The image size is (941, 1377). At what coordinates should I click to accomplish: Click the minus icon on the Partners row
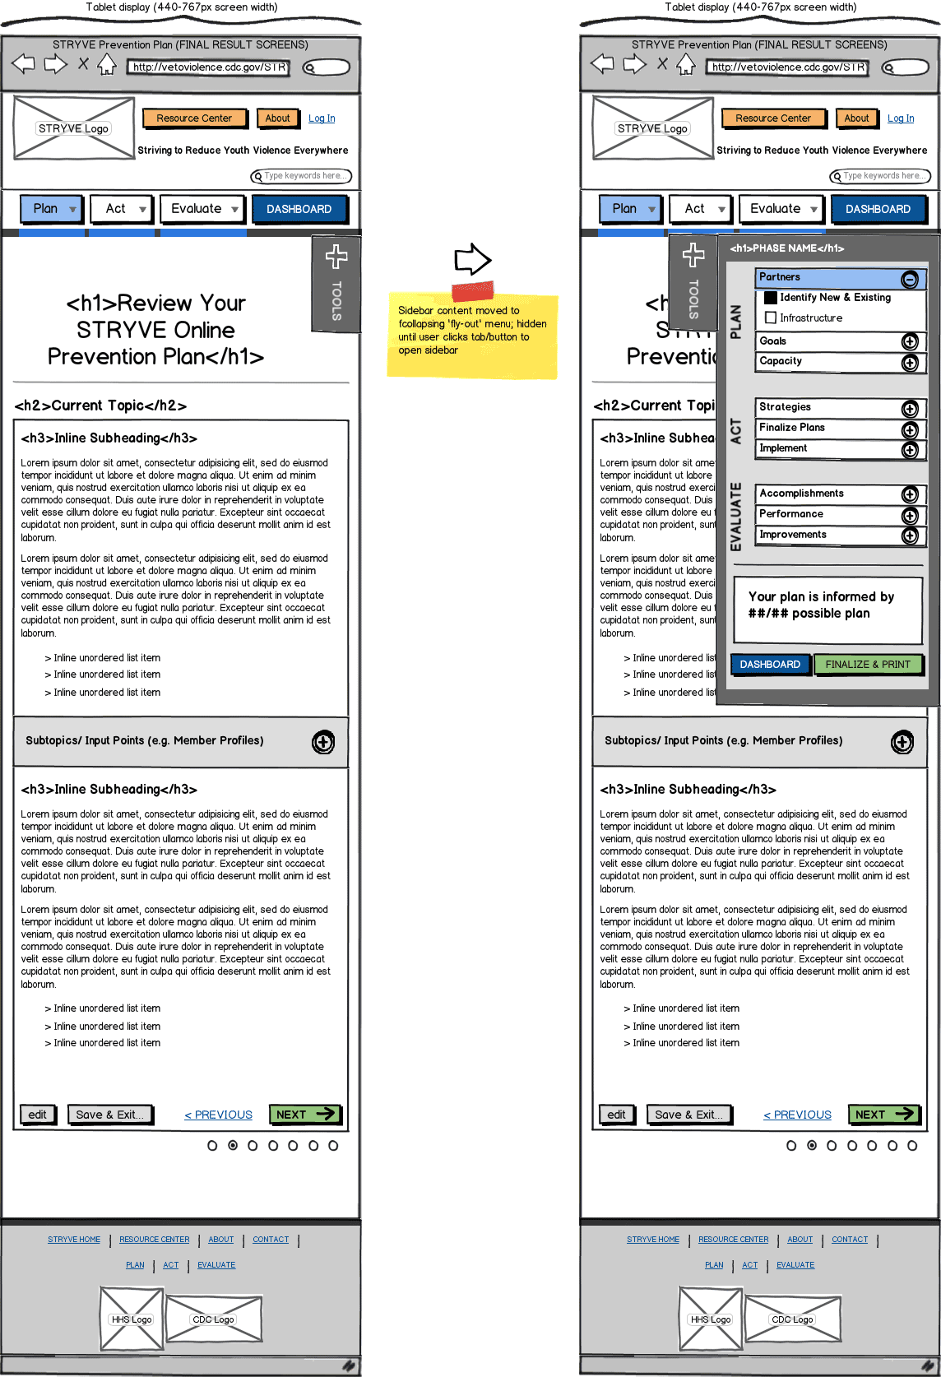(x=909, y=280)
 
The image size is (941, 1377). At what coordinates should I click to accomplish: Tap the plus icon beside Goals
(x=909, y=341)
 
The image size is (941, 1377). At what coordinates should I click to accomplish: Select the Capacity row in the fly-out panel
(x=831, y=362)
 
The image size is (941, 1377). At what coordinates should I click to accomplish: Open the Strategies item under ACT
(x=831, y=408)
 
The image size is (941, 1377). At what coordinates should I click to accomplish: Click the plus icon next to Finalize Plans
(x=909, y=429)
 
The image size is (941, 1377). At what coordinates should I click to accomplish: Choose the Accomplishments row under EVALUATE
(x=831, y=494)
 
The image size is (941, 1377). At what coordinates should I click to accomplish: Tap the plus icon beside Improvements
(x=909, y=535)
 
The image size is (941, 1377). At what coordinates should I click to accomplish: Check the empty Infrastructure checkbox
(x=771, y=318)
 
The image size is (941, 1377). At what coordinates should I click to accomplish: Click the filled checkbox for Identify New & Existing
(x=771, y=298)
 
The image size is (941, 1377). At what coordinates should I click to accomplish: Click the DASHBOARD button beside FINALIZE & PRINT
(x=770, y=665)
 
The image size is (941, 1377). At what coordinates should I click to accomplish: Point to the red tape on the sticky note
(x=472, y=290)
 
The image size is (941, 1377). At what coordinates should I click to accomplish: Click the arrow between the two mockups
(x=472, y=259)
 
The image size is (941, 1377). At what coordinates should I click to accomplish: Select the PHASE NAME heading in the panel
(x=786, y=248)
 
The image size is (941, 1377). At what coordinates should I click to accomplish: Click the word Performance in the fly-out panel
(x=791, y=514)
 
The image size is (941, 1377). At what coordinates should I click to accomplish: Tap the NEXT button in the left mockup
(x=305, y=1115)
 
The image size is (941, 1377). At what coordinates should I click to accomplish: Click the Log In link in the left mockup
(x=322, y=118)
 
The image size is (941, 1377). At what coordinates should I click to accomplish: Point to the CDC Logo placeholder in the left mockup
(x=214, y=1319)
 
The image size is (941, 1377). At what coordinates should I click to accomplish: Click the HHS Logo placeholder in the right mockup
(x=711, y=1319)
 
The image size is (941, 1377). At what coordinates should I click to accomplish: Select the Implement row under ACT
(x=831, y=449)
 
